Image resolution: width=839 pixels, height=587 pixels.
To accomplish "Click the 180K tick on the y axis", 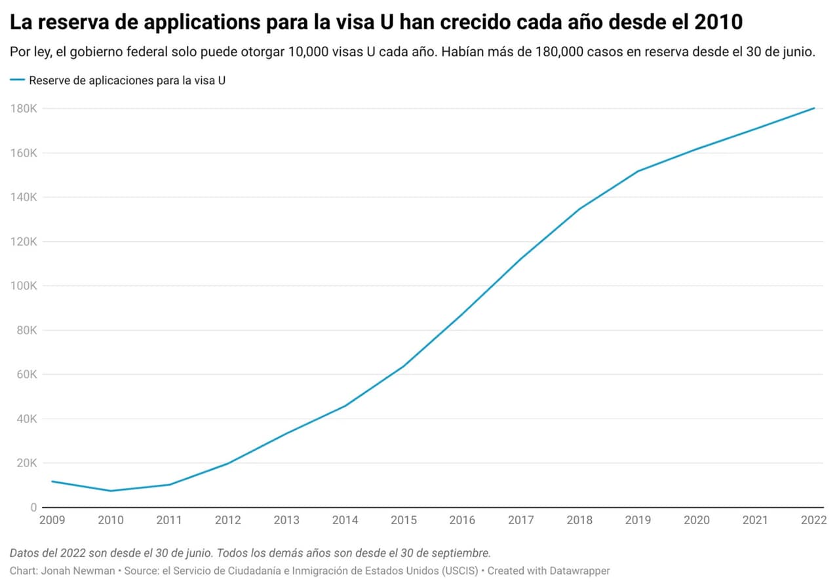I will [x=23, y=109].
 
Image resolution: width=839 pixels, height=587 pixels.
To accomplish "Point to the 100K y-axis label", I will [x=23, y=286].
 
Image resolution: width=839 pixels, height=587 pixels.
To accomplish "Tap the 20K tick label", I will [x=26, y=463].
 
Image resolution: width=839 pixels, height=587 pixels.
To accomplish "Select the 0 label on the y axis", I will [x=33, y=507].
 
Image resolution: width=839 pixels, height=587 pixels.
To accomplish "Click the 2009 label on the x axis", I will [x=52, y=520].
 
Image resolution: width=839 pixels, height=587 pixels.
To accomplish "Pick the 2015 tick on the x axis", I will [x=403, y=520].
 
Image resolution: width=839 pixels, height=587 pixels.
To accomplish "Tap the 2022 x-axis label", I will [x=813, y=520].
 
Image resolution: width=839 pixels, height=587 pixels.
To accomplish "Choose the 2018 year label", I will [x=579, y=520].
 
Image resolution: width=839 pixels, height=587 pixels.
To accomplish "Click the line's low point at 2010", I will [x=111, y=491].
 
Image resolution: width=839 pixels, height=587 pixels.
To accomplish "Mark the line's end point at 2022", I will [x=814, y=108].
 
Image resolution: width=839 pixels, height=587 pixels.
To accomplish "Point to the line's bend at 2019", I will [x=638, y=171].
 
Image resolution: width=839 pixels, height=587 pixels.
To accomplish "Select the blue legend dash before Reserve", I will [x=18, y=80].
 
